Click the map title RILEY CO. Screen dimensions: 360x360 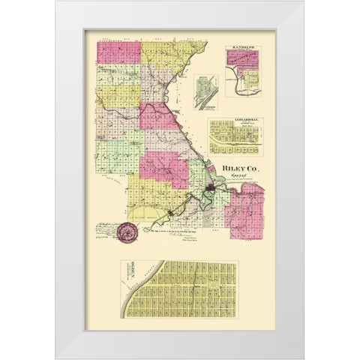pyautogui.click(x=239, y=170)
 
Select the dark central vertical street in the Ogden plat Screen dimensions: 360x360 pyautogui.click(x=196, y=300)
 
